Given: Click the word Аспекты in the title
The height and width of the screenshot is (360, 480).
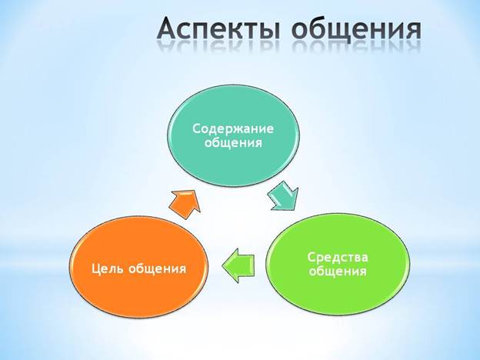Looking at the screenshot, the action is pos(219,29).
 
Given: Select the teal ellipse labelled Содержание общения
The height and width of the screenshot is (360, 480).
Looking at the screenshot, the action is pos(234,135).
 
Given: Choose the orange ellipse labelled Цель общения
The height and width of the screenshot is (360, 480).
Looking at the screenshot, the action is pos(139,267).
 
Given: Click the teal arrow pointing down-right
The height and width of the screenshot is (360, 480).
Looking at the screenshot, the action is pos(283,195).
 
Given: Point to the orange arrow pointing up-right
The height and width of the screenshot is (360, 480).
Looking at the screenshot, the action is pos(185,204).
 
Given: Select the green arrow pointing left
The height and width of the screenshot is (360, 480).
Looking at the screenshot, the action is pos(238,265).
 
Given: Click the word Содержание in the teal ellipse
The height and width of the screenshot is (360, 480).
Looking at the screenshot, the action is pos(233,128).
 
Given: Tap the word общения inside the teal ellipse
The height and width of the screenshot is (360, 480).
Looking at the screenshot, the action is pos(233,142).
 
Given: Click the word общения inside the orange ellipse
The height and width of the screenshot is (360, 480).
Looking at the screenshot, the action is pos(157,268).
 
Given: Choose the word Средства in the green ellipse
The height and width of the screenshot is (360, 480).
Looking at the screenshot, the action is pos(338,257).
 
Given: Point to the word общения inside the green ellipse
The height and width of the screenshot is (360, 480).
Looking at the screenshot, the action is pos(338,272).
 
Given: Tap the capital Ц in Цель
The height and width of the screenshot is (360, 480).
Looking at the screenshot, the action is pos(96,268).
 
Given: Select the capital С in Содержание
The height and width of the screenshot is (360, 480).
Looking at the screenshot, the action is pos(197,128).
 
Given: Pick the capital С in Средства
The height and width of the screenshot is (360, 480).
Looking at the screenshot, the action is pos(312,257).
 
